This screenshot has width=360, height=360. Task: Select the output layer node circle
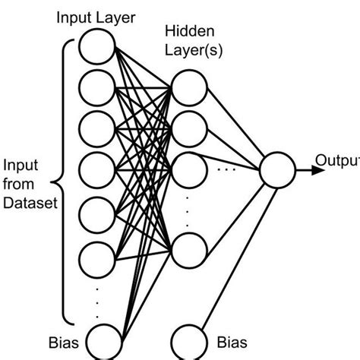tap(276, 169)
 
